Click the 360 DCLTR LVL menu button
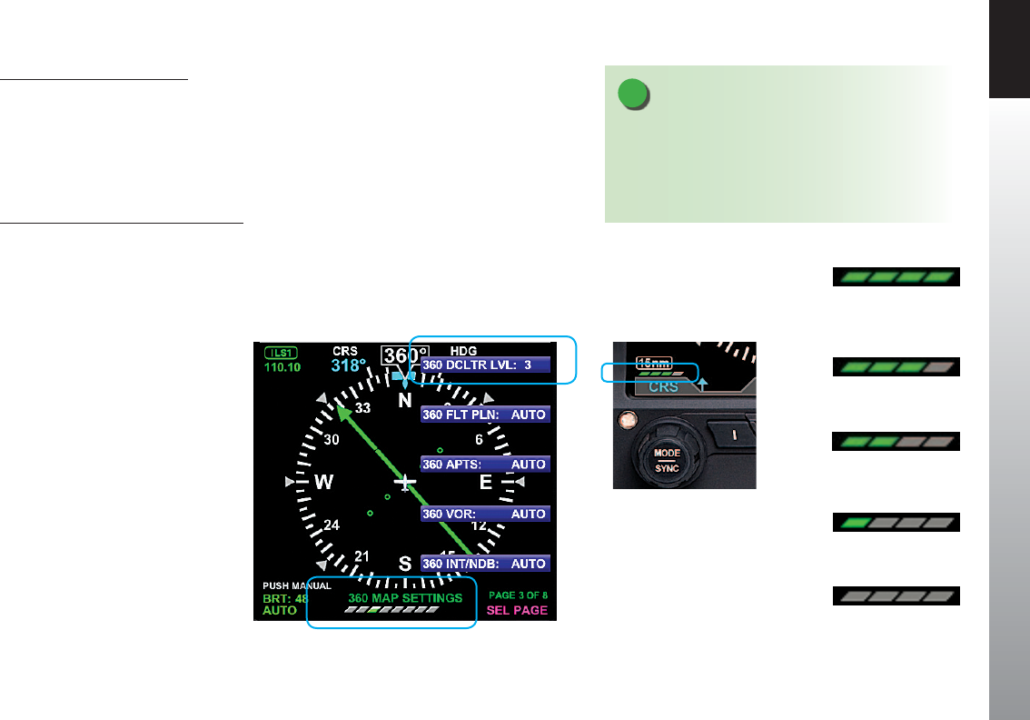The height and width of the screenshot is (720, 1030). tap(484, 365)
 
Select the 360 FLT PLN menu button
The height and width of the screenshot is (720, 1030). tap(484, 415)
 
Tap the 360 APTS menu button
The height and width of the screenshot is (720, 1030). tap(484, 464)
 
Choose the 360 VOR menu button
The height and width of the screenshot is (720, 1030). tap(484, 514)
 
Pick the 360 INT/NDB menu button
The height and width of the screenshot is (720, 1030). tap(484, 564)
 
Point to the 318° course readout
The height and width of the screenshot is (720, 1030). tap(347, 366)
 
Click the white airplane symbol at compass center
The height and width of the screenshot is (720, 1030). tap(406, 480)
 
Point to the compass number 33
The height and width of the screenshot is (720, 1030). tap(362, 409)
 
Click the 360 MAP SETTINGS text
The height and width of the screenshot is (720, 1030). tap(405, 598)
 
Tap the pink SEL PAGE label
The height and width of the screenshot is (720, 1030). tap(518, 610)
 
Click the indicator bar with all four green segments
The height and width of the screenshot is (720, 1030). tap(896, 276)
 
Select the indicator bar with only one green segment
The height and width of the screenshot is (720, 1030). tap(896, 523)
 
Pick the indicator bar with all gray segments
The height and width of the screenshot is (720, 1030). tap(896, 596)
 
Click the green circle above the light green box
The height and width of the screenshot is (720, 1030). tap(634, 95)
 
